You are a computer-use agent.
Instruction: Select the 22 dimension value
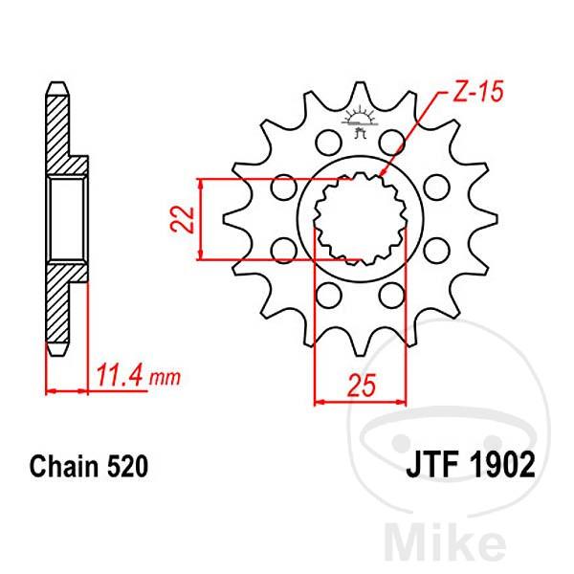(186, 219)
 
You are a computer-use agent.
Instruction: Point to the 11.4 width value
(121, 375)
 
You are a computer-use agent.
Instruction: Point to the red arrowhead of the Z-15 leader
(386, 172)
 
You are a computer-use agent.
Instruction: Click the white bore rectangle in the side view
(68, 217)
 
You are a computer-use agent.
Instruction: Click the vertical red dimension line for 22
(199, 218)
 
